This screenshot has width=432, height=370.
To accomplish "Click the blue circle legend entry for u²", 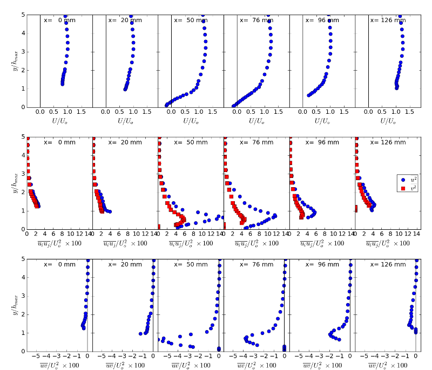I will [x=402, y=179].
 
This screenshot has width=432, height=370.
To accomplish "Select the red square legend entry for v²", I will [x=402, y=188].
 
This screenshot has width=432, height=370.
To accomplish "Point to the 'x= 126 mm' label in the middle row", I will [x=388, y=142].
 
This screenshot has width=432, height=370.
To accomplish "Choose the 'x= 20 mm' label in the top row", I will [x=125, y=20].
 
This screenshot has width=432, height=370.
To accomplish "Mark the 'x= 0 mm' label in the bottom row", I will [x=59, y=264].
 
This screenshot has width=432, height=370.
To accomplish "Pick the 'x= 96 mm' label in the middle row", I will [x=322, y=142].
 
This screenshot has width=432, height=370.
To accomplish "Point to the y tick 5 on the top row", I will [x=23, y=15].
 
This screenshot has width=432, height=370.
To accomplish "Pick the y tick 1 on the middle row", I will [x=23, y=211].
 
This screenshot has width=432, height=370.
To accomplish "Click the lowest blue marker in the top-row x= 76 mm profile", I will [x=234, y=106].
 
